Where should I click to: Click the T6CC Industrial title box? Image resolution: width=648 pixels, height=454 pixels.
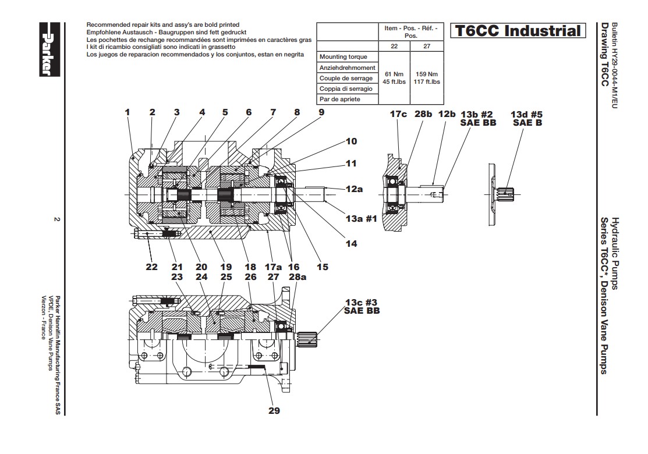(518, 31)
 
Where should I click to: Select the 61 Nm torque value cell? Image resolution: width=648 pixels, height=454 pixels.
(394, 78)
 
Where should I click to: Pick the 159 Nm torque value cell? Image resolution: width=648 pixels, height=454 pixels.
(427, 78)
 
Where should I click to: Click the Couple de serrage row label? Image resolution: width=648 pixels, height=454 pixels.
(346, 78)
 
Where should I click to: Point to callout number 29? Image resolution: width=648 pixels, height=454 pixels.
(274, 410)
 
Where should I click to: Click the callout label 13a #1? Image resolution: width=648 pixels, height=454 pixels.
(361, 219)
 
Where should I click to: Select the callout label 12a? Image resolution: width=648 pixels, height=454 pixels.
(354, 189)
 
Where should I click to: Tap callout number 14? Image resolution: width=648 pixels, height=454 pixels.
(351, 244)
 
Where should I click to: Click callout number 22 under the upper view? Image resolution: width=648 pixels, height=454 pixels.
(151, 267)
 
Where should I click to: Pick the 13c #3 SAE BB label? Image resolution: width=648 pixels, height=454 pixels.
(362, 307)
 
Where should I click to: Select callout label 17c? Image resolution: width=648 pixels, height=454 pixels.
(398, 114)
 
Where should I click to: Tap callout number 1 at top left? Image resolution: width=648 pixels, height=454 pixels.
(127, 112)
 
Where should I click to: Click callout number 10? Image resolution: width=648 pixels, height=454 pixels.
(351, 141)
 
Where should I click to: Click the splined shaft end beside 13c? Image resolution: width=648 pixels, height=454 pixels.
(308, 336)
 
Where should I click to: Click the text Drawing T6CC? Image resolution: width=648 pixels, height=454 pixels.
(604, 55)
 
